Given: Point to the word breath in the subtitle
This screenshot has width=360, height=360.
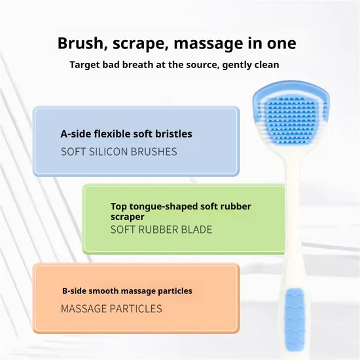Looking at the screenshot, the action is coord(139,65).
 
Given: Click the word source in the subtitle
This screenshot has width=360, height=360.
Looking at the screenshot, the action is coord(202,65).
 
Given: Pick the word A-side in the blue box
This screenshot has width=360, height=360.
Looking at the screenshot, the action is coord(76,134).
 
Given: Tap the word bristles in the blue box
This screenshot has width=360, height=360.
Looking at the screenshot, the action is coord(174,134).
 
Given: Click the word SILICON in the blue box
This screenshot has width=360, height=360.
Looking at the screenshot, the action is coord(109,152).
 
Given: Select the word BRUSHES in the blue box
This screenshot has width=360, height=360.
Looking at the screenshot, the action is coord(154,152).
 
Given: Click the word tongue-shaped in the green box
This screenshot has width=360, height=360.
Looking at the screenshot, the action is coord(163,207).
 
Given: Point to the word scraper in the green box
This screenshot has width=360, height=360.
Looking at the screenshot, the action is coord(128,217).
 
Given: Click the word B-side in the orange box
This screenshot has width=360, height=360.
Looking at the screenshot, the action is coord(74,291).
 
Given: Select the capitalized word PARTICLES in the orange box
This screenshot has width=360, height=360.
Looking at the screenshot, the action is coord(136,308).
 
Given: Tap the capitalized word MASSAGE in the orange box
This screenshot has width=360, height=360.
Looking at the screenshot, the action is coord(84,308).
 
